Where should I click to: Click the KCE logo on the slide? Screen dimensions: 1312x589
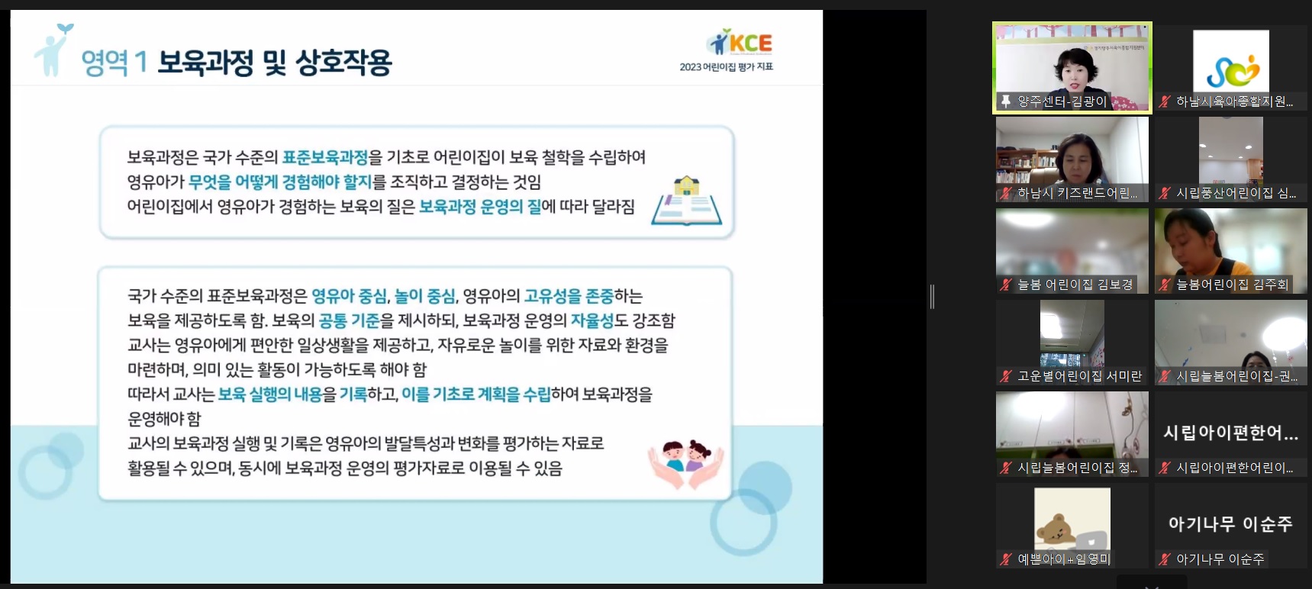tap(740, 42)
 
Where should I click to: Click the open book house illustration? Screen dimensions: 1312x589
tap(686, 201)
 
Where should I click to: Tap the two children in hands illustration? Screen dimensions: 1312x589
tap(685, 464)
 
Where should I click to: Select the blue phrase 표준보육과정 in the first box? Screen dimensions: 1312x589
tap(325, 157)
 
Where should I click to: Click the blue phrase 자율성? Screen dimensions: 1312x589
tap(592, 320)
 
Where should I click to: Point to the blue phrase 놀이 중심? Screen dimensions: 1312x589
tap(425, 296)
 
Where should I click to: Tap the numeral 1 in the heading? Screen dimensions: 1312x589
tap(140, 63)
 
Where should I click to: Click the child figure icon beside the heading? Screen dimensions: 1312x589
tap(53, 50)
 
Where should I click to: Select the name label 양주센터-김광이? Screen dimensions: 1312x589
tap(1062, 101)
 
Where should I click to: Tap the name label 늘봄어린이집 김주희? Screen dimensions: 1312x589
tap(1232, 285)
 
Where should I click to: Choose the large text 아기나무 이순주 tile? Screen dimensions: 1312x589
tap(1230, 524)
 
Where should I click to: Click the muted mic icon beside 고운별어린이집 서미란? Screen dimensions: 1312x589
tap(1006, 376)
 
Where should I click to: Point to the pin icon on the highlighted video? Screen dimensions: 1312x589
tap(1006, 101)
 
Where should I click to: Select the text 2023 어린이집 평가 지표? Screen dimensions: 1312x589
tap(727, 67)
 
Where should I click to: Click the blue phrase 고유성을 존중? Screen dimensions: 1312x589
tap(569, 296)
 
